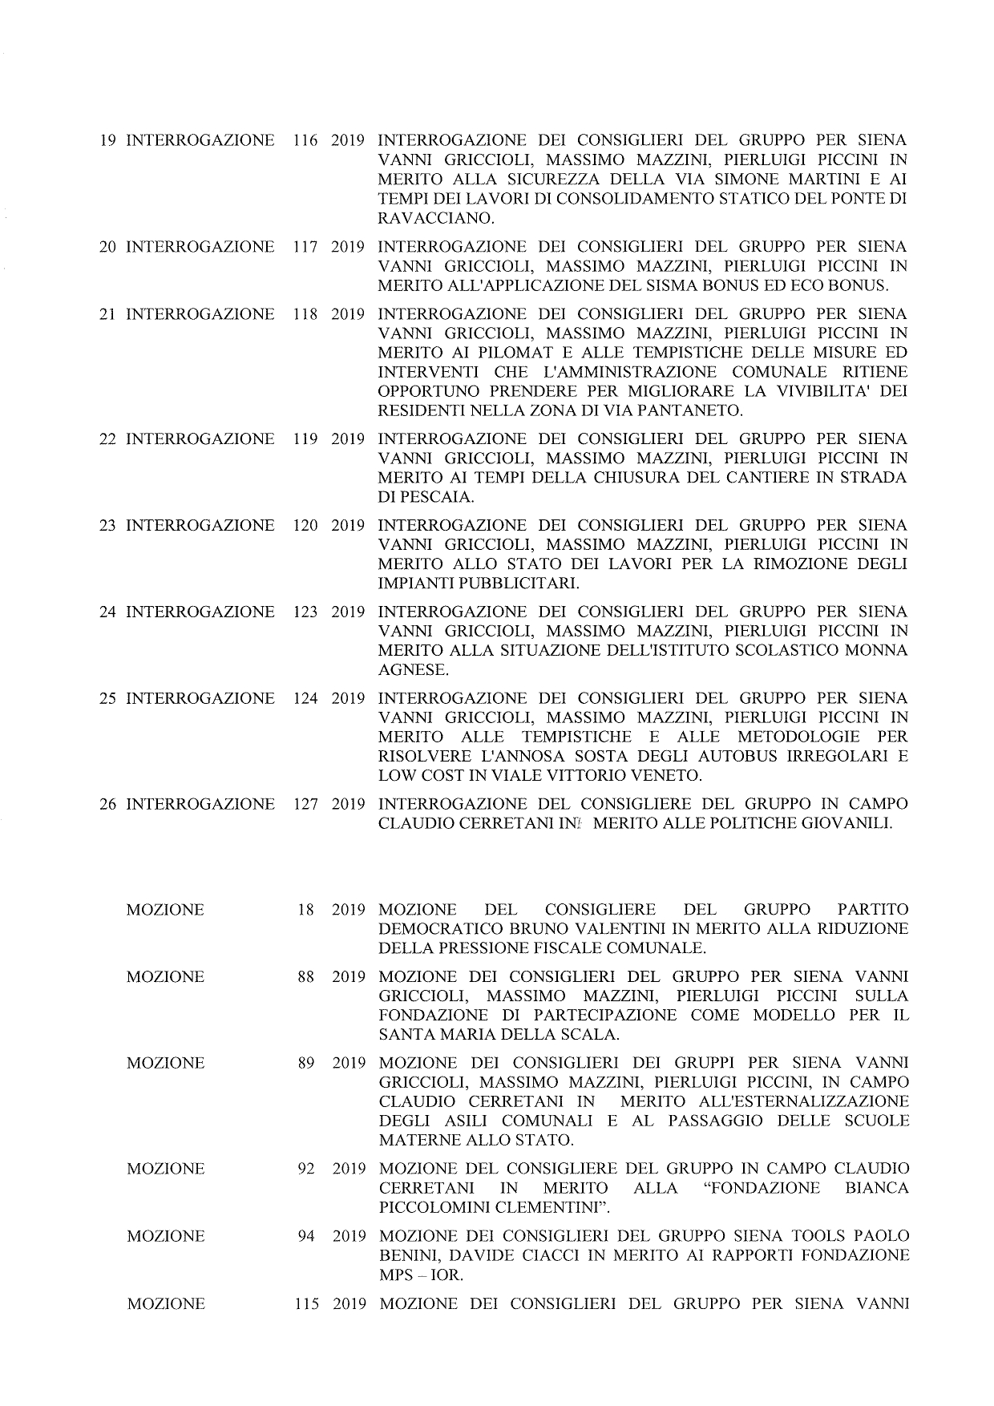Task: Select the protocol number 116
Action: coord(305,141)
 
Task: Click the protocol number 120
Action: coord(305,526)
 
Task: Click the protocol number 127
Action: coord(305,804)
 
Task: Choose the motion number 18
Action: coord(305,910)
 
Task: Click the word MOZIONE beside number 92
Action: coord(165,1169)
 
